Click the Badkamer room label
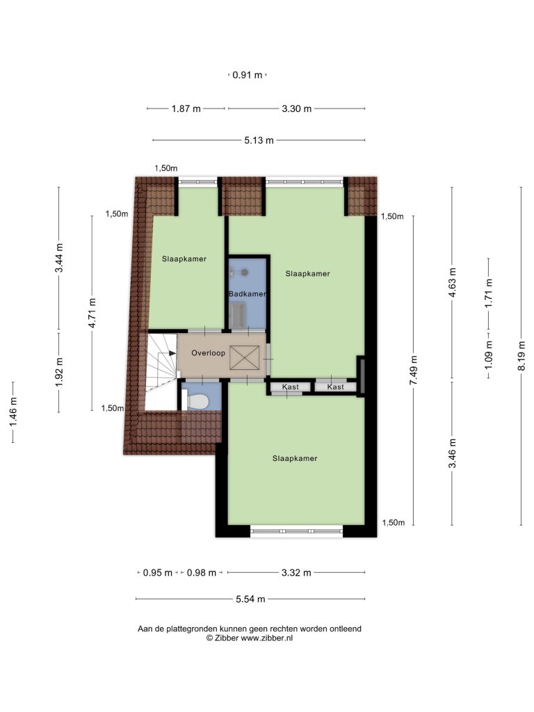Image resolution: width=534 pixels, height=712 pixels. click(x=248, y=294)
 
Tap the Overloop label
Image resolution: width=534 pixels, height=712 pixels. click(x=208, y=353)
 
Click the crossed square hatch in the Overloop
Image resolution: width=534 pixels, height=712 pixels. click(x=244, y=357)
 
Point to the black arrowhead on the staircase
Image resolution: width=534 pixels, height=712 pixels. click(x=172, y=353)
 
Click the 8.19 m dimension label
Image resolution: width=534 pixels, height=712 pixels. click(x=521, y=356)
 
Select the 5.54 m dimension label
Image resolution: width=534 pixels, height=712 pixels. click(x=250, y=599)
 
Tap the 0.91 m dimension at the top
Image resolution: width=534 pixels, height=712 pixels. click(x=248, y=75)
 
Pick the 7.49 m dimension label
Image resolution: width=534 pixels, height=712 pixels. click(x=413, y=370)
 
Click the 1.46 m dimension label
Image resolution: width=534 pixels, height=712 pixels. click(x=13, y=412)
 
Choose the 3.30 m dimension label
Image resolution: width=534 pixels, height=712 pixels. click(x=296, y=108)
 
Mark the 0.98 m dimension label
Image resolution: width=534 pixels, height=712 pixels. click(x=201, y=573)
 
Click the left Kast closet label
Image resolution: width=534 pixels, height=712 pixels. click(x=290, y=387)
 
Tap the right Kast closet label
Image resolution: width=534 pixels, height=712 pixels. click(x=336, y=387)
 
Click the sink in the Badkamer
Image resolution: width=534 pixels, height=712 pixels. click(x=238, y=315)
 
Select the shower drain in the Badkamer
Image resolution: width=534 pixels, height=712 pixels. click(x=244, y=272)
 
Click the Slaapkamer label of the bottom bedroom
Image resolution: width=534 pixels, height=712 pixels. click(x=295, y=458)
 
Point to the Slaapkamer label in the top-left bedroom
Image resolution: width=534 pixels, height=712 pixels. click(x=184, y=259)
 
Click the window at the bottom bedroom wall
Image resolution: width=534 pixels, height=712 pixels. click(x=296, y=531)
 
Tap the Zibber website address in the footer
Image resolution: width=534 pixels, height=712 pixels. click(x=266, y=638)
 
